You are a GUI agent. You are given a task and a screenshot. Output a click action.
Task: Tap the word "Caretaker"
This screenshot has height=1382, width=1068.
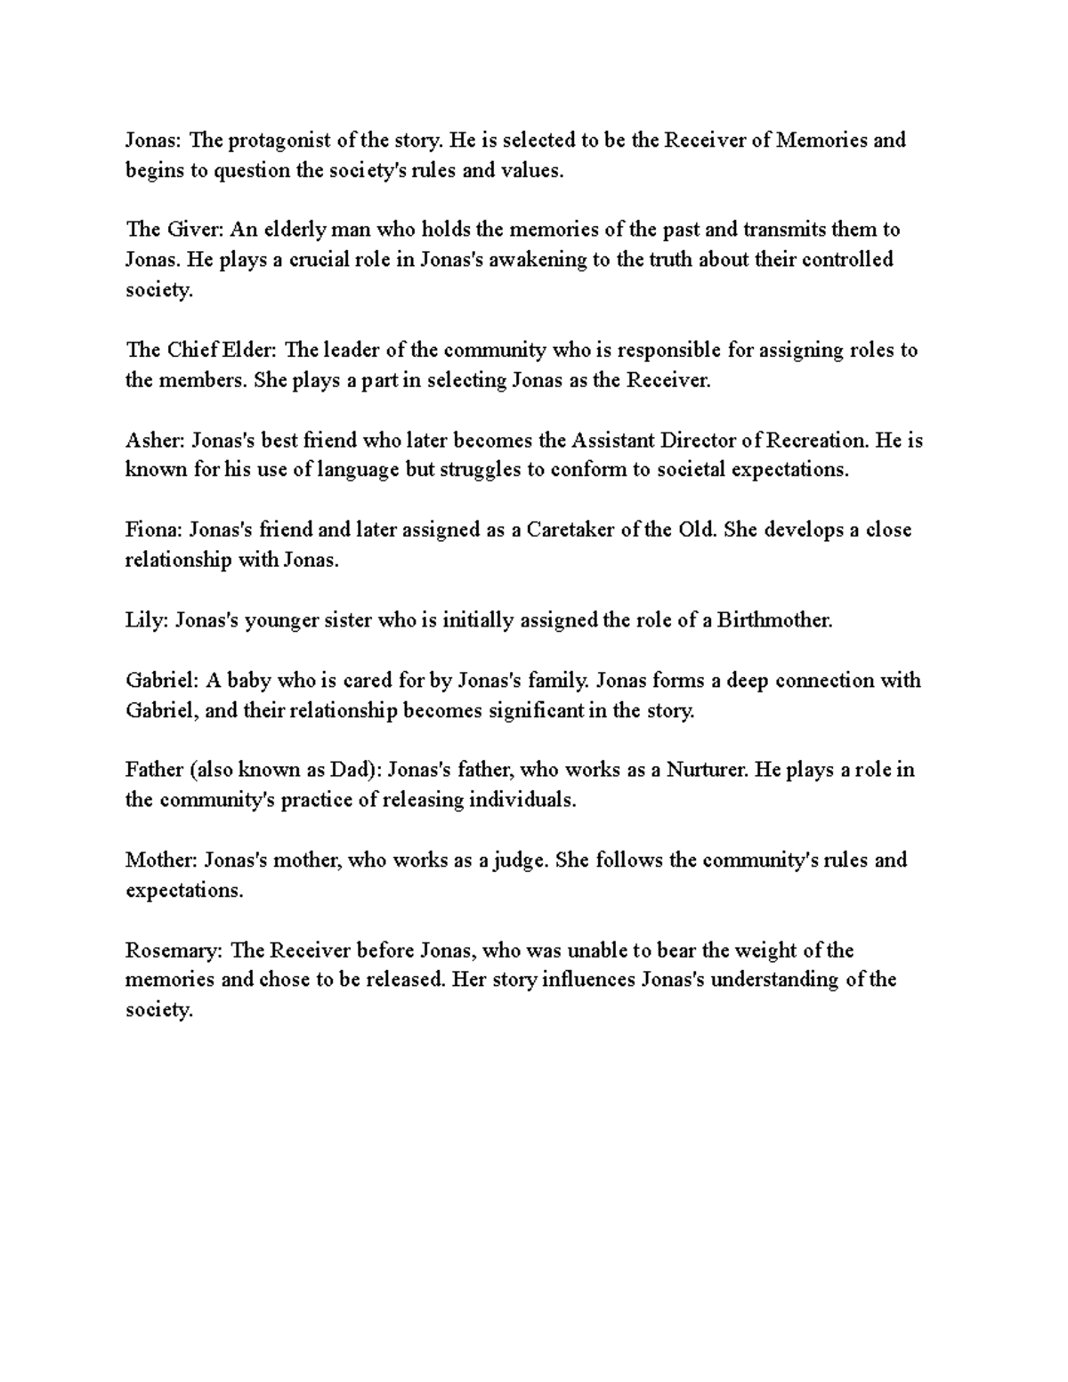570,529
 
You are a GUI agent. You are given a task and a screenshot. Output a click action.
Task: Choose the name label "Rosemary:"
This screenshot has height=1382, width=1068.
174,950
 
